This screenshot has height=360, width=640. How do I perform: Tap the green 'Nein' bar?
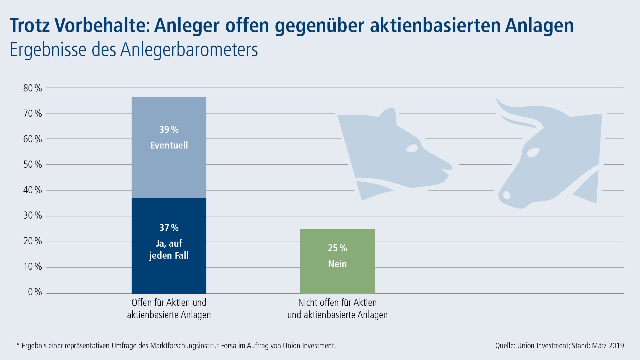click(337, 280)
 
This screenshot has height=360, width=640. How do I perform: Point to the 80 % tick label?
click(33, 88)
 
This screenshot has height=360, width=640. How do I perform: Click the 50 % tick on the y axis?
click(33, 165)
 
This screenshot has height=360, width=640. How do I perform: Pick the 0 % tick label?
click(35, 292)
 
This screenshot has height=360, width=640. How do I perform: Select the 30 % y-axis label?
click(33, 215)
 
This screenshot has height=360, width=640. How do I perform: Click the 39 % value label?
click(169, 130)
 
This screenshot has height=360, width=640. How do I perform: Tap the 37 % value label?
click(169, 228)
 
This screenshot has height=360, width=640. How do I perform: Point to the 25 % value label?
click(337, 248)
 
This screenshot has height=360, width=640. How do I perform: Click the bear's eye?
click(412, 148)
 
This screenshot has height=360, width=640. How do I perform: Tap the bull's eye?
click(533, 153)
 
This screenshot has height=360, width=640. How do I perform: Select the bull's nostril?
click(506, 195)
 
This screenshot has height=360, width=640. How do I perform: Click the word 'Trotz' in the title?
click(30, 26)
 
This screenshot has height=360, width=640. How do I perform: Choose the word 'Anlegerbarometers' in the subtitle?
click(189, 50)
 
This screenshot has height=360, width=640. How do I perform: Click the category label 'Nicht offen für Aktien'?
click(337, 303)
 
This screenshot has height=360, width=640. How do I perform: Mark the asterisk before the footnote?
click(18, 344)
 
